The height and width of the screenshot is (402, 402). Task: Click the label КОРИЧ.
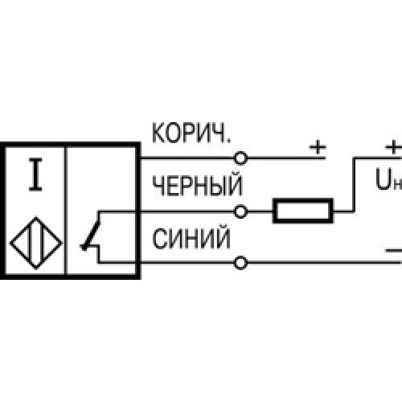click(x=191, y=133)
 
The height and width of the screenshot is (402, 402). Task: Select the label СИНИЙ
click(x=191, y=239)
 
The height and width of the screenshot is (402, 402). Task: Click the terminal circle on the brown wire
click(x=240, y=158)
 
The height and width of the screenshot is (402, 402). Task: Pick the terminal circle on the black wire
click(x=240, y=211)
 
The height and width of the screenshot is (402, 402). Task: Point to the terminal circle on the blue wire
click(x=240, y=263)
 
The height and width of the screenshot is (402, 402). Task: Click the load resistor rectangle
click(x=303, y=211)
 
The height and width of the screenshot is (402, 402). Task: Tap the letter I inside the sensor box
click(x=35, y=174)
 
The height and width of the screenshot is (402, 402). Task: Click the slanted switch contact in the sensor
click(x=92, y=236)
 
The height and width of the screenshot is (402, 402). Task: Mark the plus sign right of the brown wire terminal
click(x=318, y=147)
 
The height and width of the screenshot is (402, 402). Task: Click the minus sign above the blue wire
click(x=394, y=251)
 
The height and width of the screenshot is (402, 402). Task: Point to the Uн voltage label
click(x=388, y=179)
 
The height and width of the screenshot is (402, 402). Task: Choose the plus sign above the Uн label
click(x=393, y=147)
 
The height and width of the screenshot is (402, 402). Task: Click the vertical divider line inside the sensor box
click(x=65, y=211)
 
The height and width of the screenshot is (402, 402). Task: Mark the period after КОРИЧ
click(x=228, y=141)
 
